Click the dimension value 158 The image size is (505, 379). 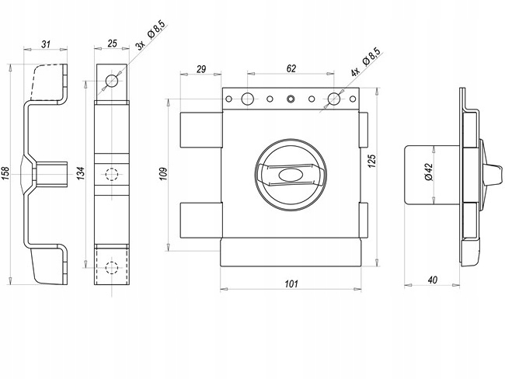pyautogui.click(x=6, y=172)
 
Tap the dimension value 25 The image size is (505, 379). pyautogui.click(x=112, y=44)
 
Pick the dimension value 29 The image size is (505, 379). pyautogui.click(x=200, y=69)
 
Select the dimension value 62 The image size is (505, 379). pyautogui.click(x=291, y=69)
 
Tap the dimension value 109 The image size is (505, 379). pyautogui.click(x=163, y=173)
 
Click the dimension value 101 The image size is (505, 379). pyautogui.click(x=291, y=283)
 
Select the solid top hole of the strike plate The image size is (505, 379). pyautogui.click(x=112, y=80)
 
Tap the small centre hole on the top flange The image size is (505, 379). pyautogui.click(x=291, y=99)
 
